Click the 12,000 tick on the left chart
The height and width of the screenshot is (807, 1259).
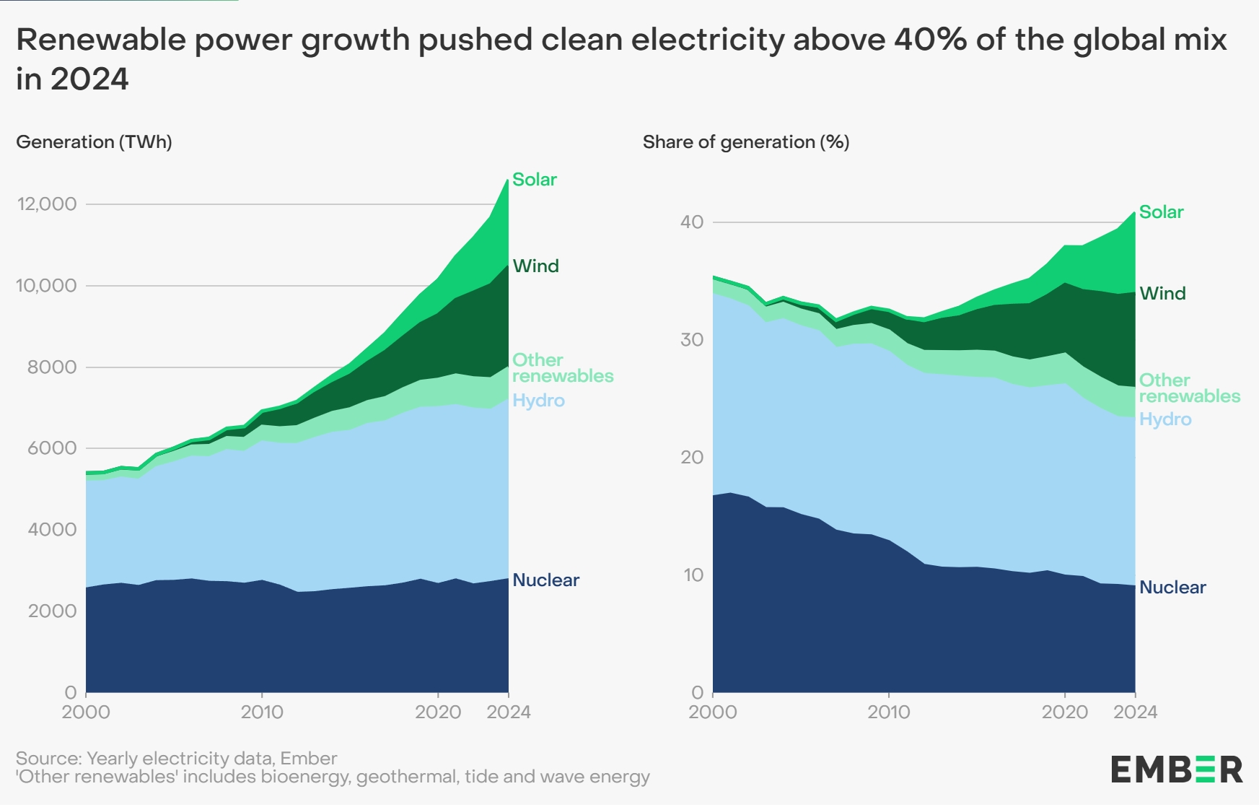[x=47, y=204]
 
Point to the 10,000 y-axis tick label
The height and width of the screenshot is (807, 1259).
[x=47, y=286]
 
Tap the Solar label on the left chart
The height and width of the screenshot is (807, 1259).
[x=535, y=180]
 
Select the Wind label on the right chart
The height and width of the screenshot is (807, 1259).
[x=1162, y=294]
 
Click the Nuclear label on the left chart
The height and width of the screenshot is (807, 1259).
[x=545, y=580]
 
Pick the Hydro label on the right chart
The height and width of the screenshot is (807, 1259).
[x=1164, y=419]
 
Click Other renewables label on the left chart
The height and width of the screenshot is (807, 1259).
[x=562, y=368]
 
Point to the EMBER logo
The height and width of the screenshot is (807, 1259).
[x=1176, y=769]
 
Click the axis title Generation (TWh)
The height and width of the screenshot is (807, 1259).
[x=94, y=142]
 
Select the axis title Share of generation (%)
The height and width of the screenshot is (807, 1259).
[x=746, y=142]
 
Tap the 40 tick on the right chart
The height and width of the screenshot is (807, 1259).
[x=692, y=222]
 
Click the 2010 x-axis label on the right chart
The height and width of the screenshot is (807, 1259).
[x=888, y=712]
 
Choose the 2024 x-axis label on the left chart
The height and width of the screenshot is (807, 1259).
[x=509, y=712]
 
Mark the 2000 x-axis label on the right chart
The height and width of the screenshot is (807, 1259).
[x=713, y=712]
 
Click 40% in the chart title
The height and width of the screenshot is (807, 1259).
[x=930, y=40]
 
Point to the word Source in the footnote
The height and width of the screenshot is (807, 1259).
[x=48, y=759]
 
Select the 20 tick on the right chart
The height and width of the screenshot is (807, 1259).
[x=692, y=458]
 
